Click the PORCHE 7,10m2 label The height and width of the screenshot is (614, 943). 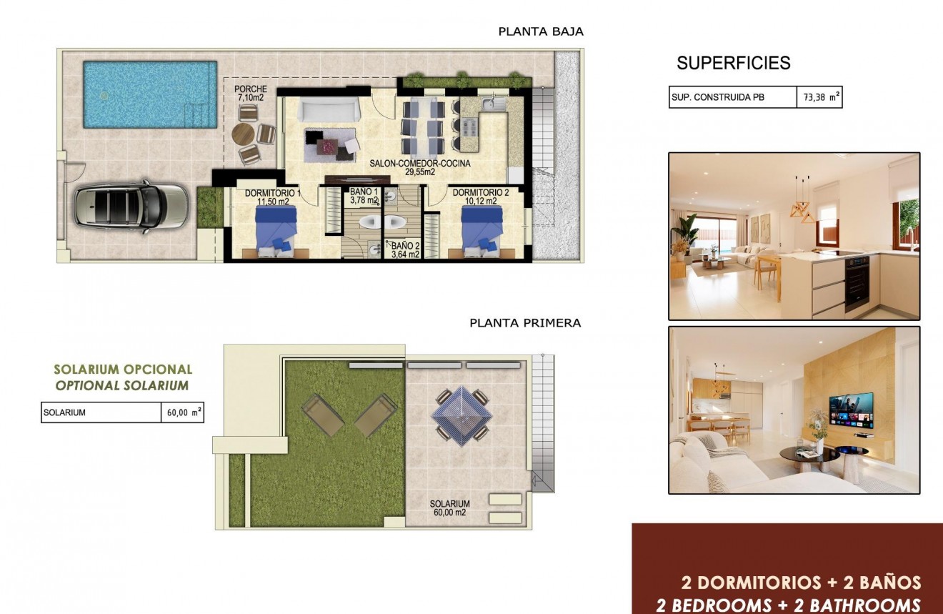point(251,93)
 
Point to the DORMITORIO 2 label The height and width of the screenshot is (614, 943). point(480,197)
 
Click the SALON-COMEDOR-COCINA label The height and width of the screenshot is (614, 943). point(420,167)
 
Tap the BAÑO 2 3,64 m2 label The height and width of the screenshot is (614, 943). point(404,249)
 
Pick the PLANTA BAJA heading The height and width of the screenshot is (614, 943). point(541,31)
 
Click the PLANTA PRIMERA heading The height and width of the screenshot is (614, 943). point(525,323)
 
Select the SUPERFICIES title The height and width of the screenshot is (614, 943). point(734,63)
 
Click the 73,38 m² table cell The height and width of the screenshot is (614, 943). point(819,98)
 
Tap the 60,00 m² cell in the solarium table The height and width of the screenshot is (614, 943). point(181,412)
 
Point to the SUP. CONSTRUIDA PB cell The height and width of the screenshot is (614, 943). point(732,98)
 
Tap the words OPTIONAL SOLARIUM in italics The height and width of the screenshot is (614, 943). point(122,386)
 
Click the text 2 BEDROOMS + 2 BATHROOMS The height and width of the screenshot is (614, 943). point(789,605)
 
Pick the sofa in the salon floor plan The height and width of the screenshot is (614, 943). point(329,111)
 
